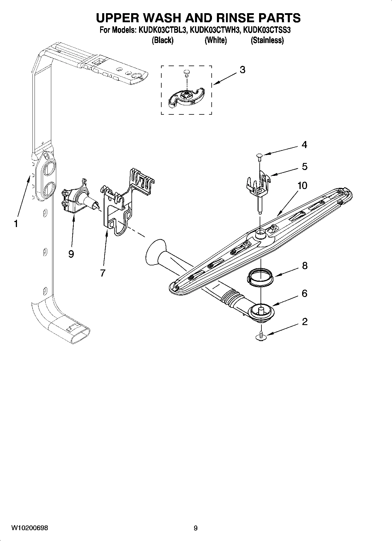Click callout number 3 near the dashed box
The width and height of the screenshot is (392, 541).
coord(242,70)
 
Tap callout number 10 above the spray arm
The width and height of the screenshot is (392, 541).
coord(302,186)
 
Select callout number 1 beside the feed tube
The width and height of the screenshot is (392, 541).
coord(16,224)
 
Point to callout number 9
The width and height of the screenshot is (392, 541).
coord(71,254)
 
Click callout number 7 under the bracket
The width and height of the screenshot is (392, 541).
coord(102,273)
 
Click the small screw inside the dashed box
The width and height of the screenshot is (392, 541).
coord(186,73)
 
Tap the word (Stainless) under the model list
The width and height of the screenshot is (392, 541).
coord(267,40)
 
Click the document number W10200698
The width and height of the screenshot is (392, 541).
coord(30,528)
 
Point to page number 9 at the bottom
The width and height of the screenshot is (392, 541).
coord(196,528)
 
